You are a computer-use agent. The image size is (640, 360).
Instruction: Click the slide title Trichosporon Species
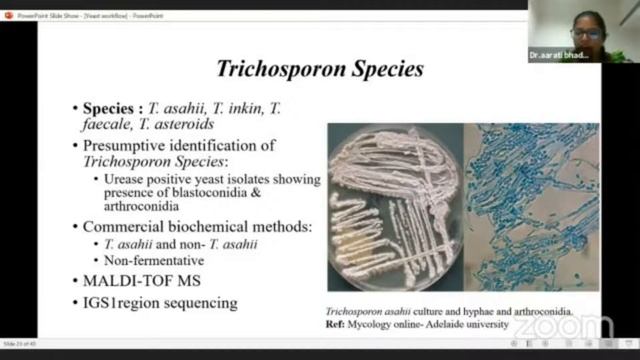point(320,69)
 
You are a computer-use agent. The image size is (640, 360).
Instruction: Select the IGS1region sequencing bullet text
point(154,302)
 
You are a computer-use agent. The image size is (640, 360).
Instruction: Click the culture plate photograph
point(394,206)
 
